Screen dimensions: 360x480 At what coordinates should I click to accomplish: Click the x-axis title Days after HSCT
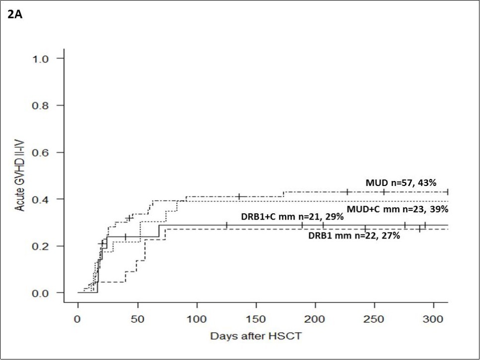pos(256,336)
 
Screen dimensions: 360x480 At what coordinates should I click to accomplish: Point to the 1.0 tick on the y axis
pos(41,59)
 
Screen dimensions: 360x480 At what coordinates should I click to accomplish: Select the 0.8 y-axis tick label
pos(41,106)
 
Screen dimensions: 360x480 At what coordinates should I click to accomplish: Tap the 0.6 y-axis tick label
pos(41,152)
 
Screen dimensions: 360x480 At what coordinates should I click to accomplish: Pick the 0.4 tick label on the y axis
pos(41,199)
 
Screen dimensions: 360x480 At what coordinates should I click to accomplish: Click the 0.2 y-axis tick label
pos(41,246)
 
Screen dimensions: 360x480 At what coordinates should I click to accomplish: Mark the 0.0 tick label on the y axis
pos(41,293)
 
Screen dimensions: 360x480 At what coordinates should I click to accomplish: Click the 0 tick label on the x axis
pos(78,317)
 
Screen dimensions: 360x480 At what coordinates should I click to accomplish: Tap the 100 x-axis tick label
pos(197,317)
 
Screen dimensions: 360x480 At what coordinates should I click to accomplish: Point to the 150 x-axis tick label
pos(256,317)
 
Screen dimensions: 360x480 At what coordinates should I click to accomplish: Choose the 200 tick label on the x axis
pos(315,317)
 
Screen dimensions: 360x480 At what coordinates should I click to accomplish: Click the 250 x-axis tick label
pos(375,317)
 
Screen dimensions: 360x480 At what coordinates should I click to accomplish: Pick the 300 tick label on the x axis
pos(434,317)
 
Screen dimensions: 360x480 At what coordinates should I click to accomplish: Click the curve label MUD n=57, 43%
pos(401,183)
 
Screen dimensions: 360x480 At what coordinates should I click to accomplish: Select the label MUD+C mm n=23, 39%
pos(398,209)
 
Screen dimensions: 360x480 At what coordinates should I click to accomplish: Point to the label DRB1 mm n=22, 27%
pos(354,236)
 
